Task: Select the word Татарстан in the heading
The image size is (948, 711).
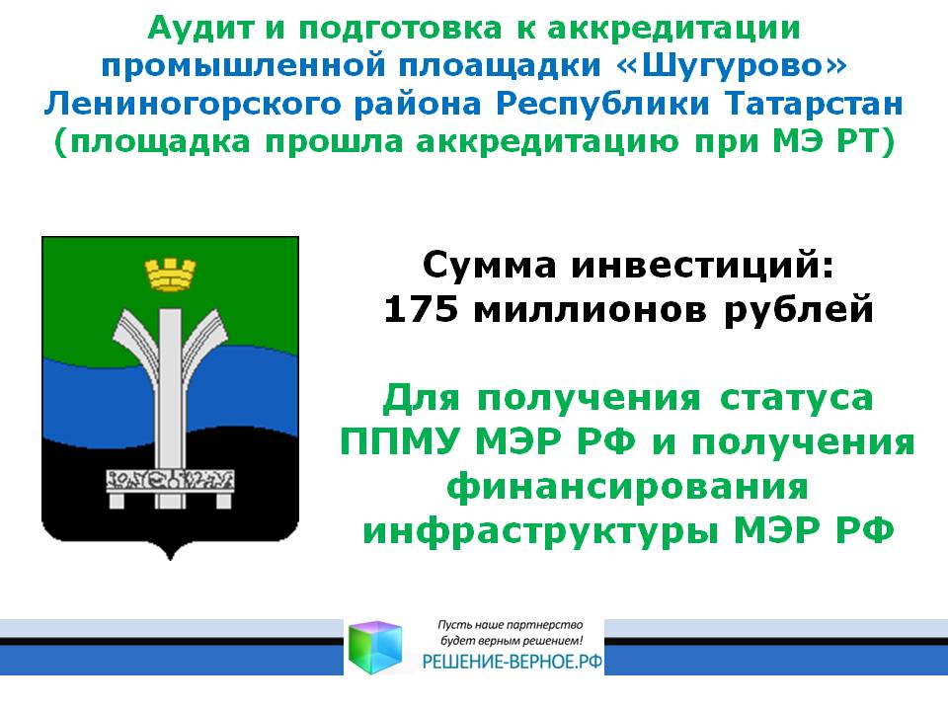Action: coord(814,104)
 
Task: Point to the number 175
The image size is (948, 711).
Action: coord(421,309)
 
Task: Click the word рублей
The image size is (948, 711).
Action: coord(799,309)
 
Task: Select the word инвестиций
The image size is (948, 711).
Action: coord(702,266)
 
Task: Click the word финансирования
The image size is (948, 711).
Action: coord(628,487)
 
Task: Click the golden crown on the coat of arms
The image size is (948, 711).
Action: coord(170,275)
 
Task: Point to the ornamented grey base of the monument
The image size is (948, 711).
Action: coord(170,481)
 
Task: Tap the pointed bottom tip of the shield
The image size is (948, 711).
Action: coord(170,560)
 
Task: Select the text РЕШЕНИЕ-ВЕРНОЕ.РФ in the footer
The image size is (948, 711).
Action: coord(513,662)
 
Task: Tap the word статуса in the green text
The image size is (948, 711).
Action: coord(796,398)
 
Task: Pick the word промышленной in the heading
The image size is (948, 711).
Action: coord(243,65)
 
